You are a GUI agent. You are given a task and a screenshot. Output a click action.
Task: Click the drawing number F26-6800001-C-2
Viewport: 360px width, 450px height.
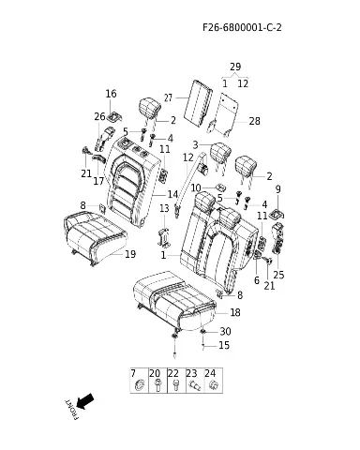(x=242, y=27)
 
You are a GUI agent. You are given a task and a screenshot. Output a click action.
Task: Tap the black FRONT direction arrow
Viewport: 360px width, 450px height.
(x=84, y=401)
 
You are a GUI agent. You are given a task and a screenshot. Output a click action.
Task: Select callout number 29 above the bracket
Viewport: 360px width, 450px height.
(x=235, y=67)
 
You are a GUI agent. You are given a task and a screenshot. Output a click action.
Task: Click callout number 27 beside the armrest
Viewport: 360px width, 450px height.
(x=168, y=97)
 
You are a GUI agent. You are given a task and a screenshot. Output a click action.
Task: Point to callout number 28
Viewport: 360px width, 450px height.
(x=254, y=121)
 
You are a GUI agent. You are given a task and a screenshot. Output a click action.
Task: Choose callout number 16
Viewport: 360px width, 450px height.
(x=111, y=94)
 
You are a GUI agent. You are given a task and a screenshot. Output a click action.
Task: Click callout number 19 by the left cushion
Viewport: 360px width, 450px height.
(x=130, y=254)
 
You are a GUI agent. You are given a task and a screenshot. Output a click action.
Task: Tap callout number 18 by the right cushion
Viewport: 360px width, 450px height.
(x=235, y=312)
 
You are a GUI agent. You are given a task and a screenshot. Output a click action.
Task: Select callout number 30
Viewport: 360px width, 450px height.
(x=225, y=331)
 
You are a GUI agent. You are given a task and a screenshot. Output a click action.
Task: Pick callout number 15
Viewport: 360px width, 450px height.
(x=224, y=345)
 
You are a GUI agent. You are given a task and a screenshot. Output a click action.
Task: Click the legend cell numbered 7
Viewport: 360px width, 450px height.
(x=140, y=381)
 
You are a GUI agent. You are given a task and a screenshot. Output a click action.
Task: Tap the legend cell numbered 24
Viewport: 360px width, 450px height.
(x=214, y=381)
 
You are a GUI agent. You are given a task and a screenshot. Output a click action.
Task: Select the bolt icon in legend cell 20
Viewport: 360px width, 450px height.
(x=157, y=385)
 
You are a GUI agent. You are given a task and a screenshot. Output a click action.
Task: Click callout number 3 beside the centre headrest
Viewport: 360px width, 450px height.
(x=195, y=145)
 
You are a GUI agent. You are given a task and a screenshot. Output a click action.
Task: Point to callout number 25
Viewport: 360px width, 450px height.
(x=278, y=275)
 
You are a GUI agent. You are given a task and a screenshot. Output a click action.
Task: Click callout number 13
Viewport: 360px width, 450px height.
(x=164, y=208)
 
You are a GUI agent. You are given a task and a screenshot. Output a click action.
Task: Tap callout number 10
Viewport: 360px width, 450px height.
(x=196, y=188)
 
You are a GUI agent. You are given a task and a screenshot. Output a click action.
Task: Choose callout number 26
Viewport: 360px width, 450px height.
(x=99, y=116)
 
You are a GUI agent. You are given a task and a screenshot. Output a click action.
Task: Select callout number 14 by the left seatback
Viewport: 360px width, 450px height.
(x=172, y=194)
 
